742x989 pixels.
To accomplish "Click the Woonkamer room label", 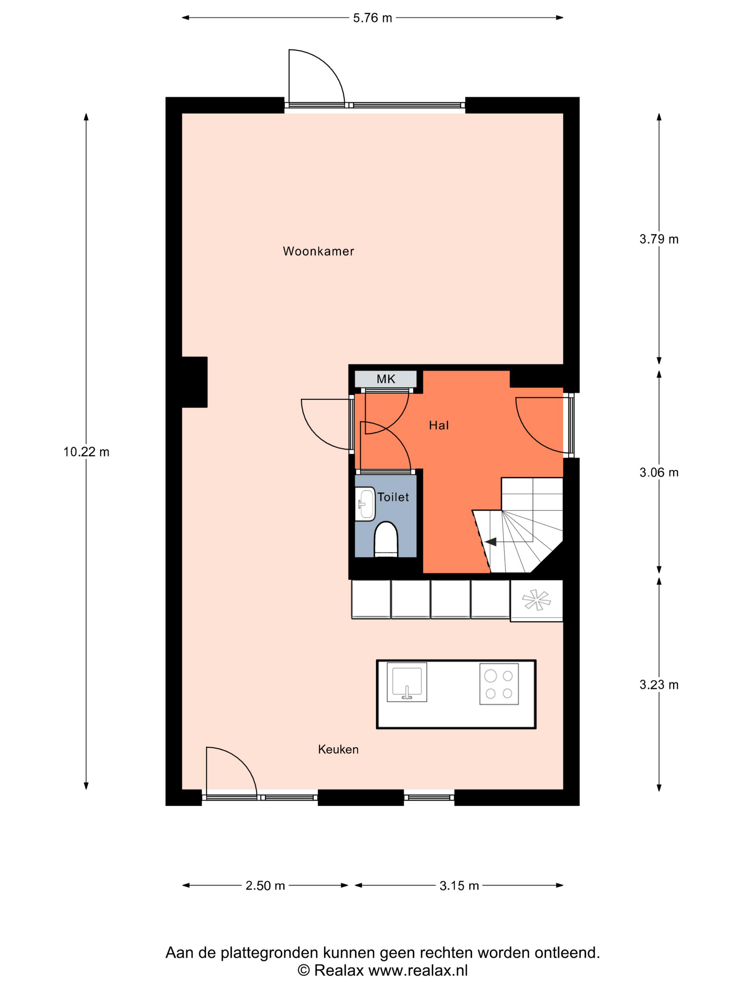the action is (318, 251).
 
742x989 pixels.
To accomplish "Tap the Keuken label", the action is (338, 750).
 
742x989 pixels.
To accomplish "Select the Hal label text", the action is (439, 425).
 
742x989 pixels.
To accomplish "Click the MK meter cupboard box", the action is (385, 379).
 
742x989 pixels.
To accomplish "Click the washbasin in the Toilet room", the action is (365, 504).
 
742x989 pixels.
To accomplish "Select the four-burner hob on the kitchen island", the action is (499, 684).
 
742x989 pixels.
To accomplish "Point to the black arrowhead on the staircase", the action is (491, 542).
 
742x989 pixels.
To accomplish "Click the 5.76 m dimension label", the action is (372, 18).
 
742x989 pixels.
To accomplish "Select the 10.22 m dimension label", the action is (86, 452).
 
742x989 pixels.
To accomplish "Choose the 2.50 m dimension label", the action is (265, 886).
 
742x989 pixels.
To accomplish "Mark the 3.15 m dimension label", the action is (459, 886).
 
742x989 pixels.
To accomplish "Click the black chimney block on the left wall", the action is (195, 382).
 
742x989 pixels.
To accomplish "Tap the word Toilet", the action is (393, 497).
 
